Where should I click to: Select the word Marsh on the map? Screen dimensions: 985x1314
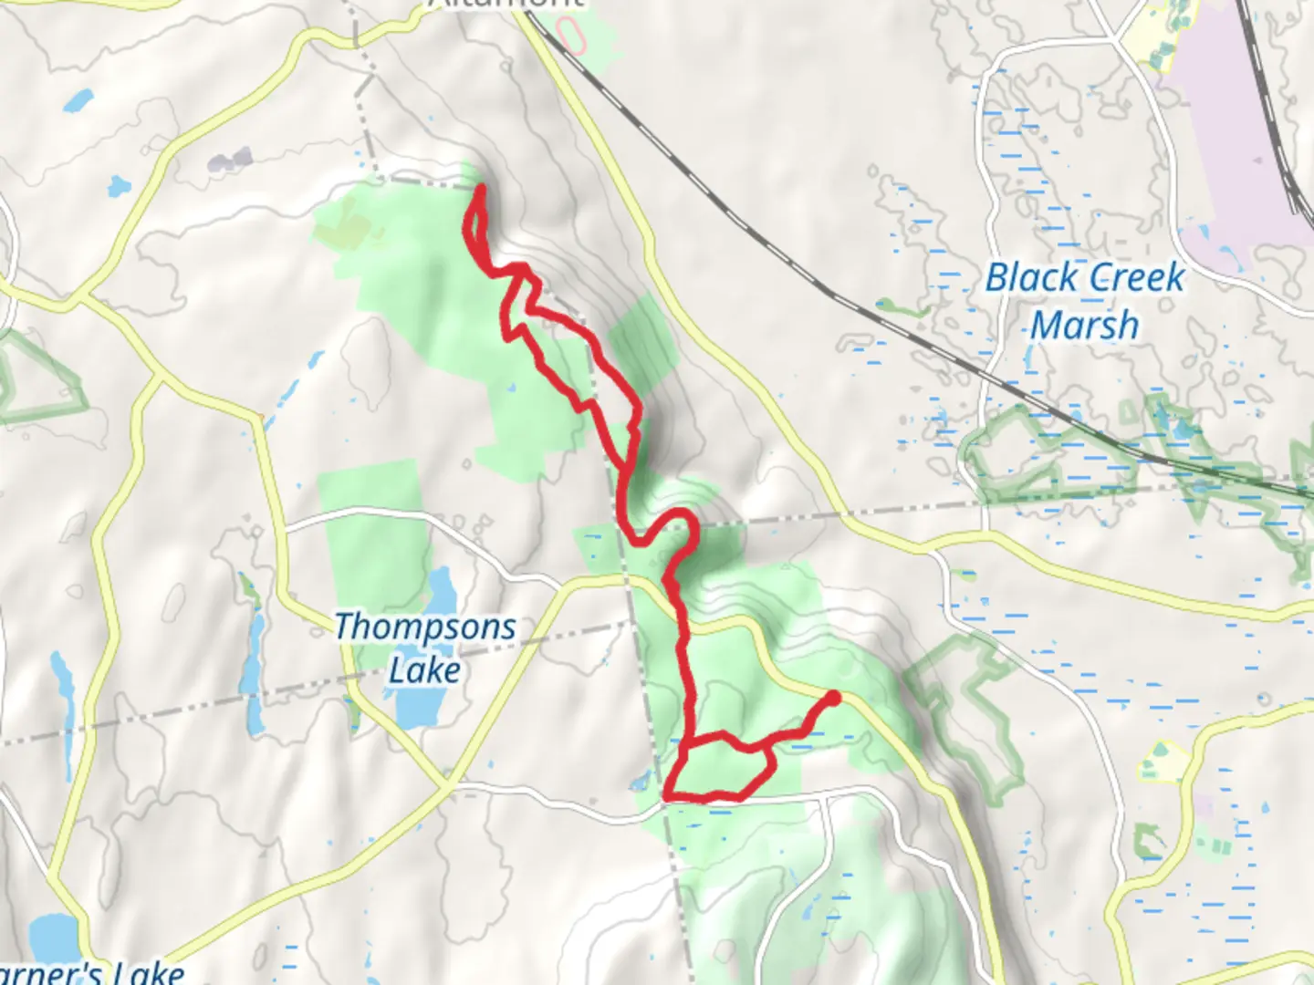tap(1085, 326)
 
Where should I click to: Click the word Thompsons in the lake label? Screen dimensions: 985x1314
tap(425, 627)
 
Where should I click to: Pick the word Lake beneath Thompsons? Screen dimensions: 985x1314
tap(424, 670)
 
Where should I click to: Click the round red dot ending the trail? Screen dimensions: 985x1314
tap(832, 699)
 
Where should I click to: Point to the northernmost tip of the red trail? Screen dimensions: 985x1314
tap(480, 189)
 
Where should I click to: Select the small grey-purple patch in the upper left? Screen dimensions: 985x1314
tap(229, 161)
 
